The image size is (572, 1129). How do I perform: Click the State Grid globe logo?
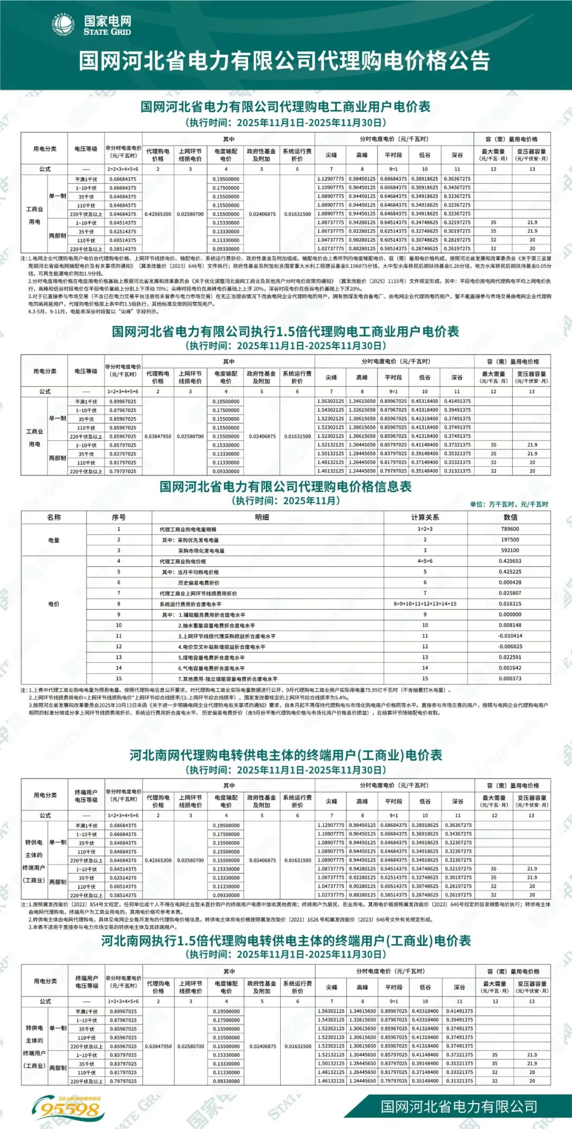click(63, 25)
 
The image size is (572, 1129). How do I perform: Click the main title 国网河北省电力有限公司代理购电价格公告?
click(285, 61)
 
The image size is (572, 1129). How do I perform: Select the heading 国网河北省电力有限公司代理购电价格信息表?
click(285, 486)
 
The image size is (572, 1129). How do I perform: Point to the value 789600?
click(510, 529)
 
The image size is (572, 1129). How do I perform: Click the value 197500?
click(510, 539)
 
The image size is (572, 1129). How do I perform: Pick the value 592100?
click(510, 550)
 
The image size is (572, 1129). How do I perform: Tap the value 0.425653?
click(510, 561)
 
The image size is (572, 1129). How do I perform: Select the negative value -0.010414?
click(510, 636)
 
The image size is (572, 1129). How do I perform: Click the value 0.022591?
click(510, 657)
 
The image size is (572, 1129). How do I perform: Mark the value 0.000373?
click(510, 679)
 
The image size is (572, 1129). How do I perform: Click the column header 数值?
click(510, 517)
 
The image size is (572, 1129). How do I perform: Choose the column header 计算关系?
click(425, 517)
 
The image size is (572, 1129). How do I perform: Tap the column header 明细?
click(262, 517)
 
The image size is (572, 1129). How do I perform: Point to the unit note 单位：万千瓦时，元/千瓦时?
click(509, 504)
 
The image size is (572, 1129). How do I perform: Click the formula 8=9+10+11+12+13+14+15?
click(425, 603)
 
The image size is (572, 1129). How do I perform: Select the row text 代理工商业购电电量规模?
click(187, 529)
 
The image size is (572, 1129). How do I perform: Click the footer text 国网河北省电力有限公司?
click(459, 1106)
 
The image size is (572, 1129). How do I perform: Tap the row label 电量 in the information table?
click(53, 540)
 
